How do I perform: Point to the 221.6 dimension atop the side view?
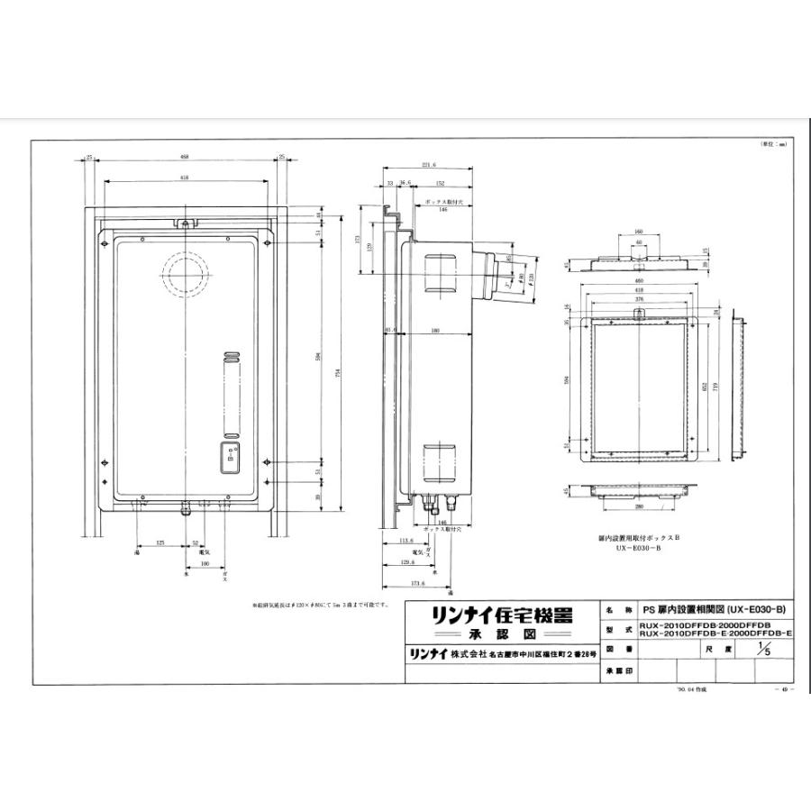coord(428,166)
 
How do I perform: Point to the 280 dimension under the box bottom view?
coord(638,506)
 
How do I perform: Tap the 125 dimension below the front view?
coord(159,543)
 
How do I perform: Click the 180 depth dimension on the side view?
coord(434,331)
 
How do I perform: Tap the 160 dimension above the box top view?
coord(638,231)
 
